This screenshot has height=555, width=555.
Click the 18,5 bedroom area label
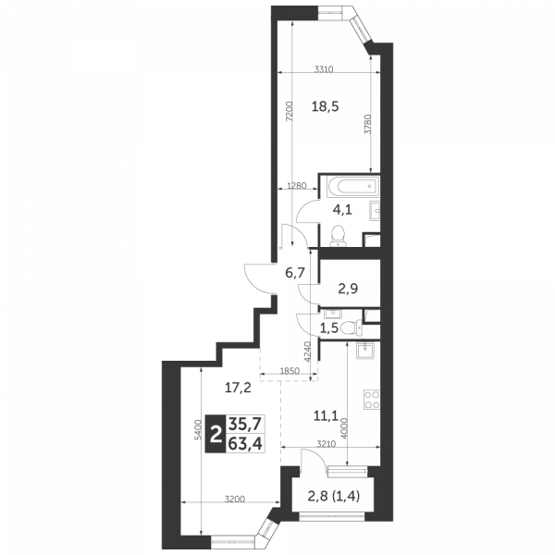(x=325, y=105)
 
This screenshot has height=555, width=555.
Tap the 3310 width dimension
(x=324, y=69)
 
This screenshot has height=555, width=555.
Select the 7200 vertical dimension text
(x=290, y=111)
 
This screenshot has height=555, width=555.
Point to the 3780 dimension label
(x=368, y=124)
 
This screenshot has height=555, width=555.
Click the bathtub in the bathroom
(x=353, y=186)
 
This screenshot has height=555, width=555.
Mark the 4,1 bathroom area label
(x=342, y=210)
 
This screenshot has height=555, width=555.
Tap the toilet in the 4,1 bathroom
(x=338, y=235)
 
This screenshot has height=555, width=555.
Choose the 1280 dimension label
(x=297, y=186)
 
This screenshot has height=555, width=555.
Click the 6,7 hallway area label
(x=295, y=273)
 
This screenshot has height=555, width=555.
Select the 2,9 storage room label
(x=348, y=289)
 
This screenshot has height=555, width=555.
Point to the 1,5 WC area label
(x=328, y=328)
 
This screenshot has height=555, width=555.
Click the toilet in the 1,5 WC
(x=351, y=327)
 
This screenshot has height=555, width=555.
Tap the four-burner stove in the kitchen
(x=372, y=400)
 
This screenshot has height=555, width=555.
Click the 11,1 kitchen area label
(x=326, y=415)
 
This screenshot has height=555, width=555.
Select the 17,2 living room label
(x=239, y=388)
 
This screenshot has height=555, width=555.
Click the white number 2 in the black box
(x=216, y=434)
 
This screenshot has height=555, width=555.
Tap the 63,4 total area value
(x=245, y=443)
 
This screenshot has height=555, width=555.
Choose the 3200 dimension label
(x=235, y=499)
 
